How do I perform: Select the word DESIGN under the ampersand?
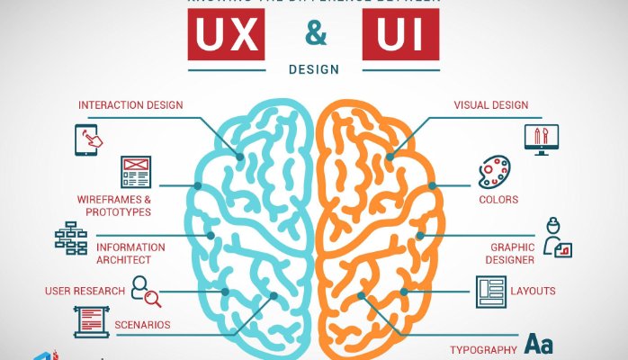pos(314,68)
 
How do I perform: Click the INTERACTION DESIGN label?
pos(130,105)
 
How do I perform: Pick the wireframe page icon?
pos(135,172)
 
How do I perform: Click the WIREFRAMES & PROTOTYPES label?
pos(113,205)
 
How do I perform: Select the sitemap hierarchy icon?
pos(70,238)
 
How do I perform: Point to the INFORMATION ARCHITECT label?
pos(130,253)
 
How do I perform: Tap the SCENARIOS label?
pos(142,325)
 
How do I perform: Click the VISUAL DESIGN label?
pos(491,105)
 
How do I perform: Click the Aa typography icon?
pos(539,345)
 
